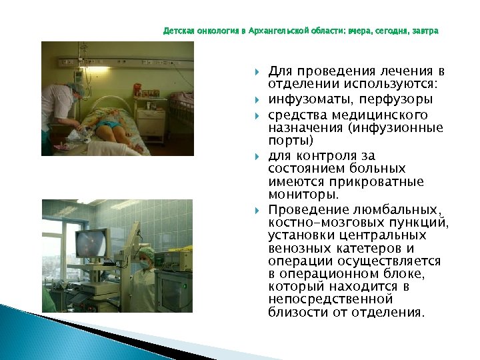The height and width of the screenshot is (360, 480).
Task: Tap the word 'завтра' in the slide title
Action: [x=425, y=31]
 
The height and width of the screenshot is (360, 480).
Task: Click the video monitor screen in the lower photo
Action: [x=90, y=243]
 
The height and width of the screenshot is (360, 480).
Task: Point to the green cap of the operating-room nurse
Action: [x=146, y=253]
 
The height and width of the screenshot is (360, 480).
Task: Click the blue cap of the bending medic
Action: [x=79, y=87]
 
